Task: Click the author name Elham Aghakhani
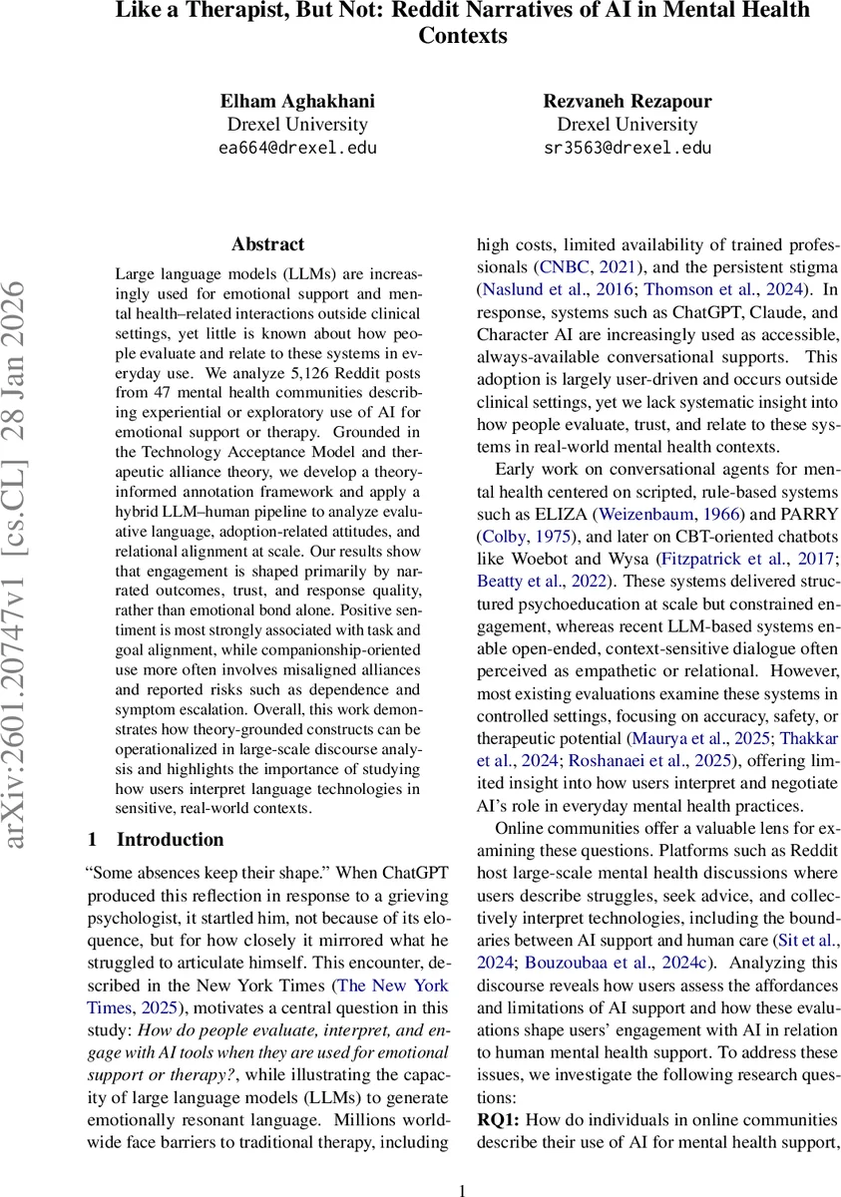297,101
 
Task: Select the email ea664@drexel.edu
297,149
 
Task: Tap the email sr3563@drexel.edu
628,149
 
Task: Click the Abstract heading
267,244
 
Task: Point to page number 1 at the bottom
463,1189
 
